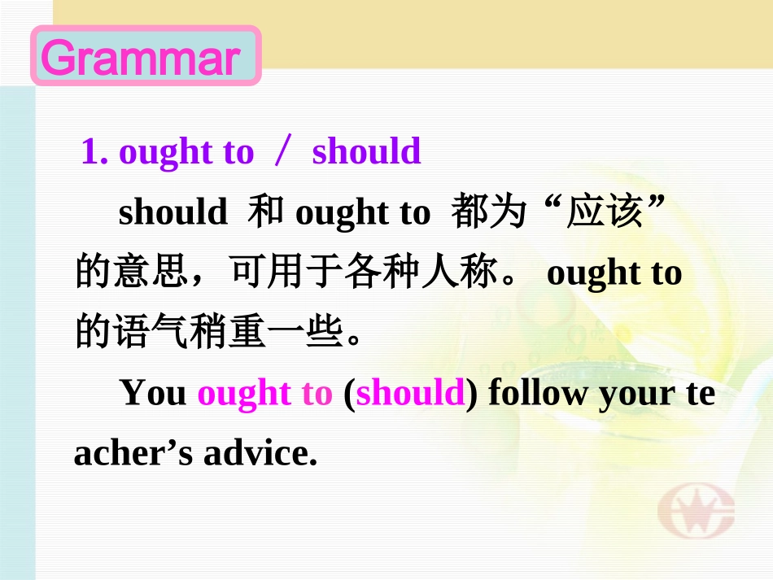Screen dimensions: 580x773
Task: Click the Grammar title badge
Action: pos(146,56)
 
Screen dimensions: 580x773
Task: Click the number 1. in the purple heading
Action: pos(94,152)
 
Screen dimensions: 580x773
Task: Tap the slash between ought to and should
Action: pos(282,152)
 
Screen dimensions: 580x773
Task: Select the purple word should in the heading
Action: pos(366,152)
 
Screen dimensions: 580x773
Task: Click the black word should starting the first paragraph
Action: pos(173,212)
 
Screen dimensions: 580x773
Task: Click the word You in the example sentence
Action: pos(153,394)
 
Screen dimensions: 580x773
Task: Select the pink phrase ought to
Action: pos(265,394)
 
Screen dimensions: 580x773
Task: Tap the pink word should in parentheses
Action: pos(410,394)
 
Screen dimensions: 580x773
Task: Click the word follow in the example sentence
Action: pos(539,394)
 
